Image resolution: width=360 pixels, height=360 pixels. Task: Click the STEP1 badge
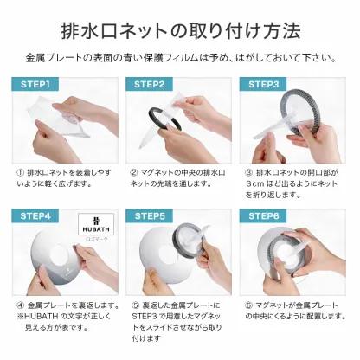click(x=35, y=85)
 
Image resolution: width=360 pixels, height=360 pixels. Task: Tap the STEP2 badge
click(x=149, y=85)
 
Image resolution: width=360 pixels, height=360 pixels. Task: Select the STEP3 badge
click(x=263, y=85)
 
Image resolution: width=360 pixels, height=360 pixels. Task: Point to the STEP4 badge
click(x=35, y=215)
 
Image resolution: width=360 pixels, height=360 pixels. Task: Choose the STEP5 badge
click(x=149, y=215)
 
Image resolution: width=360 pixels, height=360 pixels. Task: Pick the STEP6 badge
click(x=263, y=215)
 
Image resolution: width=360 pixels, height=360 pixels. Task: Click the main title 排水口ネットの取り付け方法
click(x=180, y=31)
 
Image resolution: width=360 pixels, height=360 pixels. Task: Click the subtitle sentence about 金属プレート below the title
click(x=180, y=58)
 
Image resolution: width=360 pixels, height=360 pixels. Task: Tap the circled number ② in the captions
click(x=134, y=172)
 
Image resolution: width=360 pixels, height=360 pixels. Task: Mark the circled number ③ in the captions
click(x=247, y=172)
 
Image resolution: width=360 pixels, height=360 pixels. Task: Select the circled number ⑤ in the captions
click(x=134, y=305)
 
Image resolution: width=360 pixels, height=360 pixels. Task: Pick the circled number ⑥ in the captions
click(x=247, y=305)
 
